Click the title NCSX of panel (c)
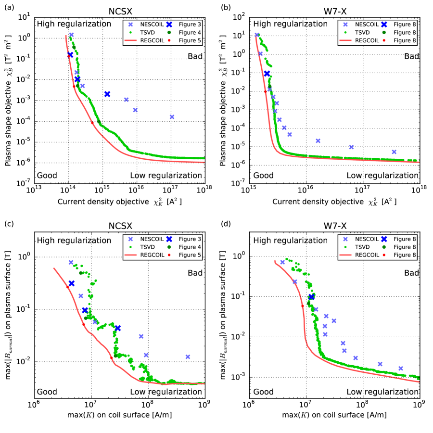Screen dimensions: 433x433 coord(119,225)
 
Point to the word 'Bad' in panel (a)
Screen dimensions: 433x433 coord(196,56)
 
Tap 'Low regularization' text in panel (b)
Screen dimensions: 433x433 coord(382,175)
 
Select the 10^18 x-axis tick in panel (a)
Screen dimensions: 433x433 coord(204,190)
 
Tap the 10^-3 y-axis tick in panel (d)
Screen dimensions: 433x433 coord(239,377)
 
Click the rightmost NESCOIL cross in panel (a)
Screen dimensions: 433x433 coord(172,117)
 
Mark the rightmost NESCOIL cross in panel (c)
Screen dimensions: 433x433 coord(188,357)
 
